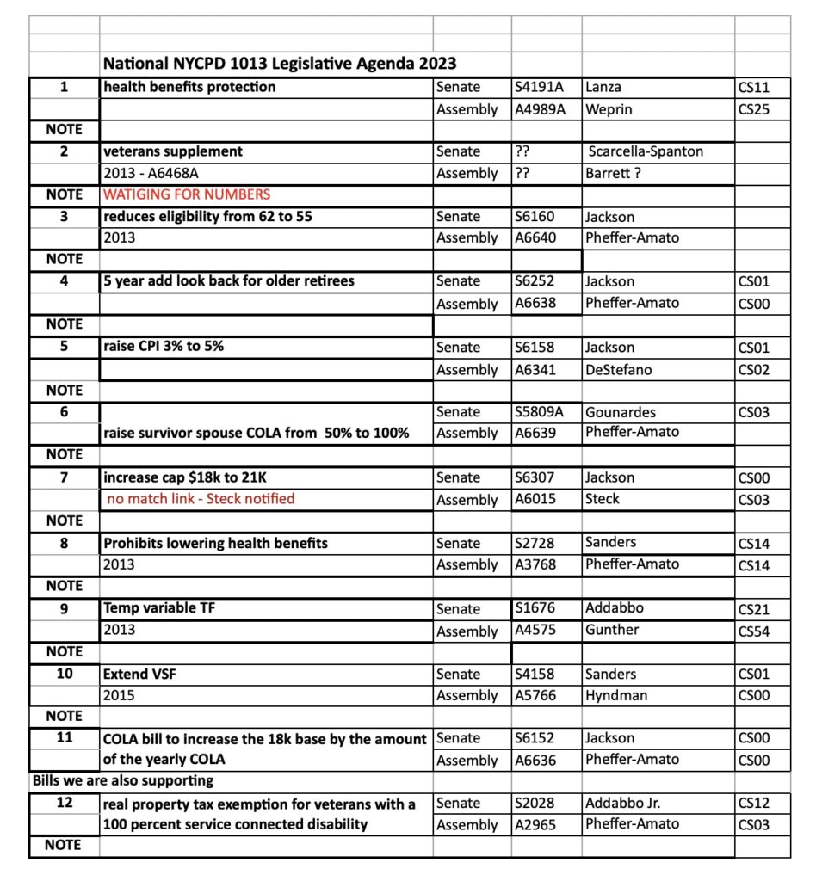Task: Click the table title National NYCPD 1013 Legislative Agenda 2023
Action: tap(280, 64)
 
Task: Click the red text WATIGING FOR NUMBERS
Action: tap(187, 194)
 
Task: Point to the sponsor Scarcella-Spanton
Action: tap(646, 151)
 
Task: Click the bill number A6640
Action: tap(537, 237)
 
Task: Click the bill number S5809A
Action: tap(541, 412)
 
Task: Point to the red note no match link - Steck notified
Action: tap(201, 499)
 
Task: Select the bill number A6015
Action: tap(537, 499)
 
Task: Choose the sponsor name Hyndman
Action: tap(615, 695)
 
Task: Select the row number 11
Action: tap(65, 738)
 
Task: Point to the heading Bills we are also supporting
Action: tap(122, 781)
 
